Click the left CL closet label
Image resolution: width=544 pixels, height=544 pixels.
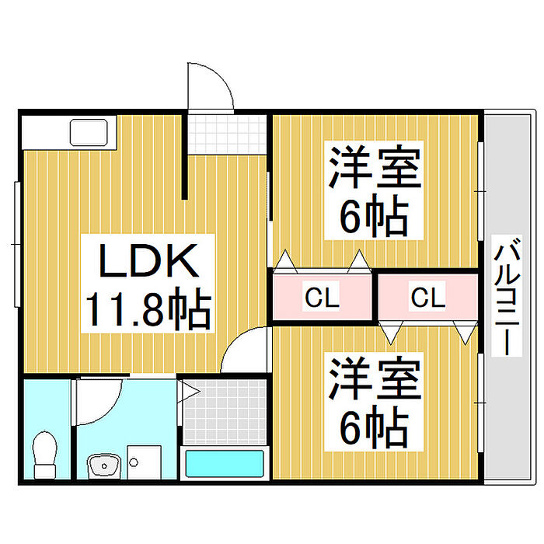point(321,297)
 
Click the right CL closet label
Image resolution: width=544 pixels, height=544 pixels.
point(427,297)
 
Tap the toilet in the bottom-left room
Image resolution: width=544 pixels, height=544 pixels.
point(46,454)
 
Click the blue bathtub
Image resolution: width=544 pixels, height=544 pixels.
point(226,465)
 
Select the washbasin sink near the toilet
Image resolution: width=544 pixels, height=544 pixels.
point(102,466)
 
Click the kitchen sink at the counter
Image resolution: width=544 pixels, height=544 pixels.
point(91,133)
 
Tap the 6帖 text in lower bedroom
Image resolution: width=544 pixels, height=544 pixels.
point(374,426)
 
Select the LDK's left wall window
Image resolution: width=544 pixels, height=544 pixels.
point(17,243)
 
